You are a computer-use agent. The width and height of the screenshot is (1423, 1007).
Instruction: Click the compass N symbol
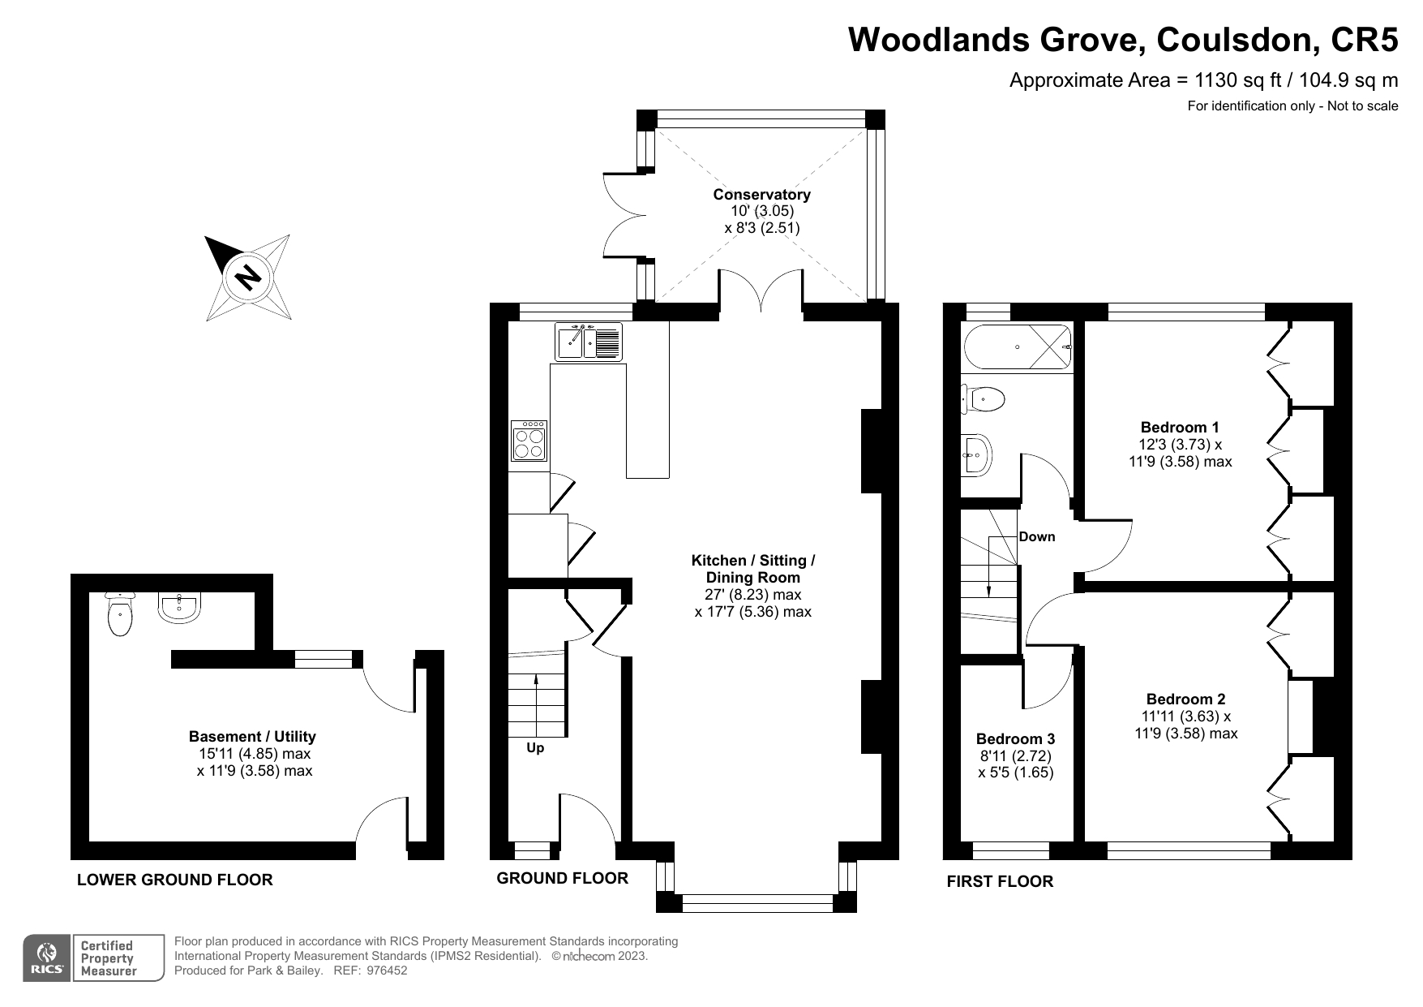248,278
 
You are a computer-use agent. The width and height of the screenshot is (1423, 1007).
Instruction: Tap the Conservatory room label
761,195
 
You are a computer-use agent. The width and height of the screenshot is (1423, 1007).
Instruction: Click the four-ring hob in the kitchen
529,441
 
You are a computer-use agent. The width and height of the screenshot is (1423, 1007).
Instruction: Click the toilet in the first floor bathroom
984,399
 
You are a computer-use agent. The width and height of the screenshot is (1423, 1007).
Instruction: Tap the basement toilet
120,615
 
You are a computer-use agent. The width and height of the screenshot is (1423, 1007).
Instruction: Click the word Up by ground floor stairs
535,748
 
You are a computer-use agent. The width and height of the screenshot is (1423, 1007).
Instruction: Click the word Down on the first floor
1037,536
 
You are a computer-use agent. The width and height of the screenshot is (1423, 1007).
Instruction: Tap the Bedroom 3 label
1015,739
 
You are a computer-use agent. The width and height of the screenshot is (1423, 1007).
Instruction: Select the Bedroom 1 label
1180,428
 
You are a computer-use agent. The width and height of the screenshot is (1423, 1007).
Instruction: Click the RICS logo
47,958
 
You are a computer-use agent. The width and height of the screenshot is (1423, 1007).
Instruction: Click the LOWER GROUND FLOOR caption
175,880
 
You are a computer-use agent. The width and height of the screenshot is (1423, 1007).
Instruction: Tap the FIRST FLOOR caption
1000,881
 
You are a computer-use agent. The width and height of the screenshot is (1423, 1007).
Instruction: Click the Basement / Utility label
252,737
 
